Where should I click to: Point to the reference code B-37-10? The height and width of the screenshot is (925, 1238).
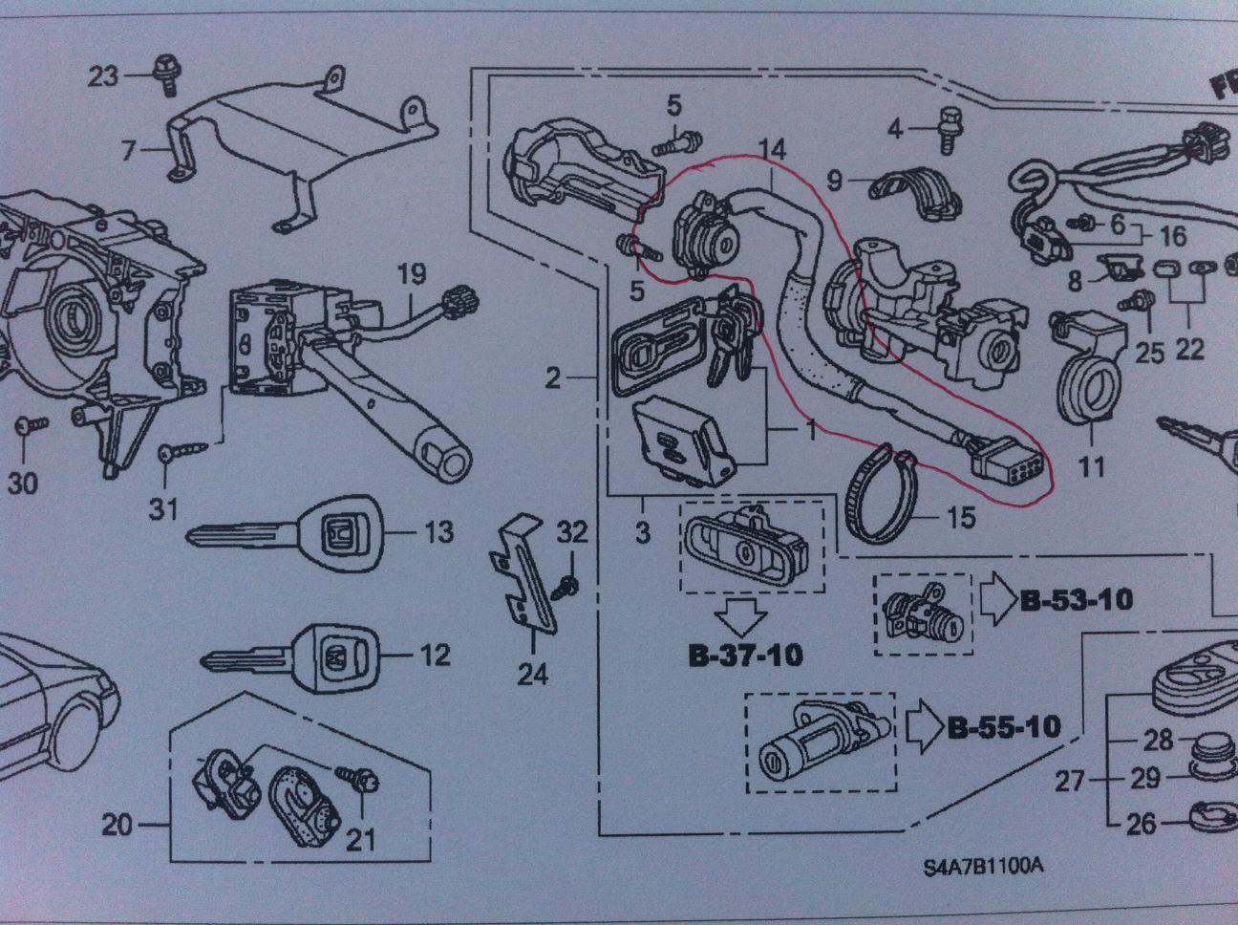[744, 656]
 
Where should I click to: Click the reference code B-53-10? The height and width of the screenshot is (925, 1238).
[1077, 601]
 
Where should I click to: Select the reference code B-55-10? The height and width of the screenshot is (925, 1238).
[1004, 727]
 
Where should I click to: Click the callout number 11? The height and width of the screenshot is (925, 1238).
[1091, 466]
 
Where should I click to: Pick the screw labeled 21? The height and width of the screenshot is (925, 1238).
[362, 780]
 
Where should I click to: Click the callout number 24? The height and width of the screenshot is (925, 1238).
[532, 675]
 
